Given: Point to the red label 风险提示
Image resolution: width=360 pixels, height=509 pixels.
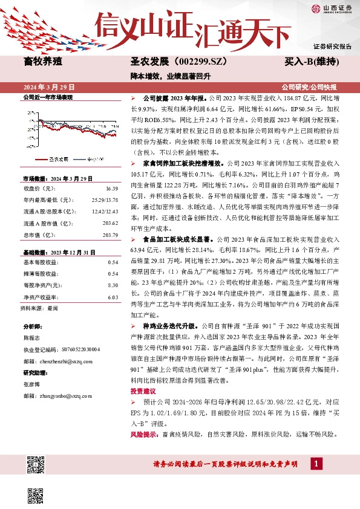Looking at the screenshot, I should coord(143,435).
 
